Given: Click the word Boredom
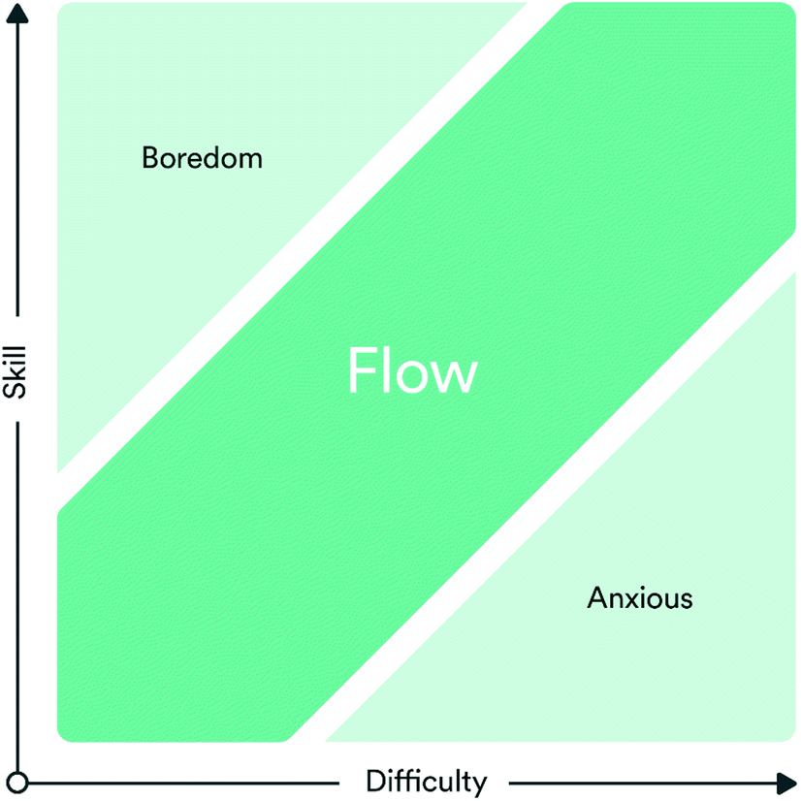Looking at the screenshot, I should pyautogui.click(x=202, y=157).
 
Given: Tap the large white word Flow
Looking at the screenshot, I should pyautogui.click(x=412, y=372).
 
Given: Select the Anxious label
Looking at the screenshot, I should pyautogui.click(x=640, y=597).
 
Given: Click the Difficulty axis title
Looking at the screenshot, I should pyautogui.click(x=426, y=781).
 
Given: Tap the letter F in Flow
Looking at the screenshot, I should pyautogui.click(x=361, y=372).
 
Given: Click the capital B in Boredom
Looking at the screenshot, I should pyautogui.click(x=150, y=157).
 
